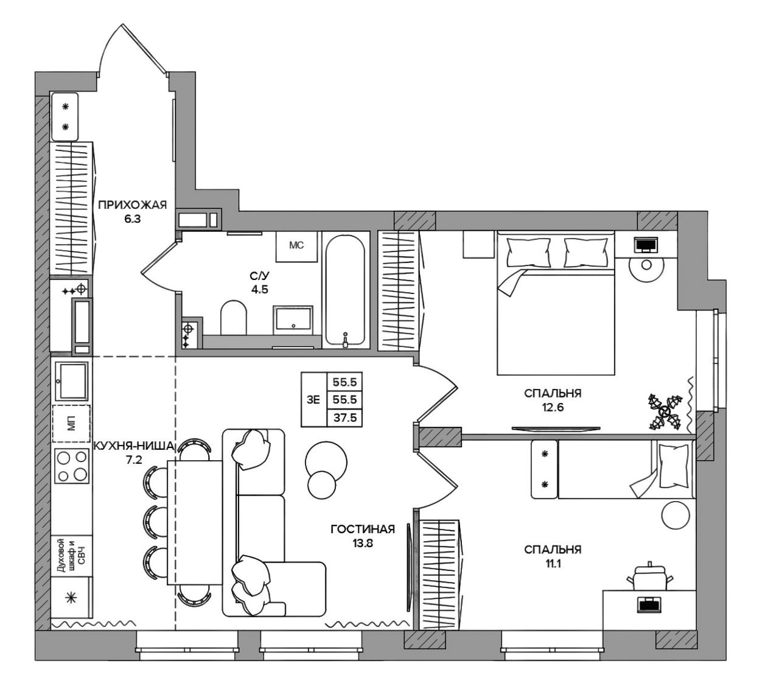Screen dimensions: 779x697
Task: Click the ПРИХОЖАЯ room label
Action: point(132,205)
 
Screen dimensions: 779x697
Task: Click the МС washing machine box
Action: point(296,245)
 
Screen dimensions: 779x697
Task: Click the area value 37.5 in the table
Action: point(344,418)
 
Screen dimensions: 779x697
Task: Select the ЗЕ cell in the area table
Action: point(313,400)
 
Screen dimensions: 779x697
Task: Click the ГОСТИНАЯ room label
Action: point(363,529)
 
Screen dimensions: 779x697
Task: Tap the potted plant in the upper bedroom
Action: point(665,412)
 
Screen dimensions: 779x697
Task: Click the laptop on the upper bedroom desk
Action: point(646,244)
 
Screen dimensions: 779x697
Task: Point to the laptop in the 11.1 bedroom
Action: point(649,606)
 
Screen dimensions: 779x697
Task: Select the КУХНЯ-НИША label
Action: point(134,446)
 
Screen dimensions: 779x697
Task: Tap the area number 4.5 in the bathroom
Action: point(259,289)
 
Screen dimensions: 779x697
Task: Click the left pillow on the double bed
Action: point(528,251)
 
